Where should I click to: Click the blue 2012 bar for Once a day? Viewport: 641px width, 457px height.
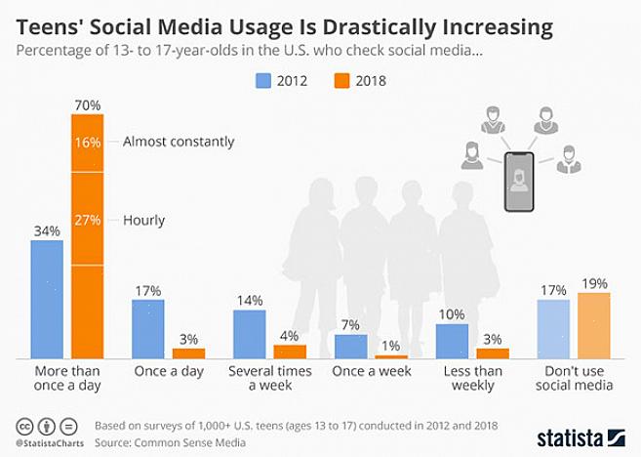147,328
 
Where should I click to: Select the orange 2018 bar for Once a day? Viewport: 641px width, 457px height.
188,353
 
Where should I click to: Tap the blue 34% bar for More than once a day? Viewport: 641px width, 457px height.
46,298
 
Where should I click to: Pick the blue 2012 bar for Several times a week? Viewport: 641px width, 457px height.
249,334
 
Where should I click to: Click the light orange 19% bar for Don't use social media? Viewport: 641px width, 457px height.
593,325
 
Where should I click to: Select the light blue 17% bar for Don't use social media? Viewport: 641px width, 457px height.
553,328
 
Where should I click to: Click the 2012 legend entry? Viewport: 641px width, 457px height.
281,81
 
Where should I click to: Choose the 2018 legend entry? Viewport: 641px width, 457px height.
359,81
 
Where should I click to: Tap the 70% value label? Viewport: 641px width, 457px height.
86,104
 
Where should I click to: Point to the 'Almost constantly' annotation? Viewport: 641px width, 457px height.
179,142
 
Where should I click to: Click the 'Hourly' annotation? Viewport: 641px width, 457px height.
143,221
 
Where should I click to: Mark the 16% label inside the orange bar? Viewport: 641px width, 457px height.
87,142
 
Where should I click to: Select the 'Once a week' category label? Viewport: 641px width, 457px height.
371,372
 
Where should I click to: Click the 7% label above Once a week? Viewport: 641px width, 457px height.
350,324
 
